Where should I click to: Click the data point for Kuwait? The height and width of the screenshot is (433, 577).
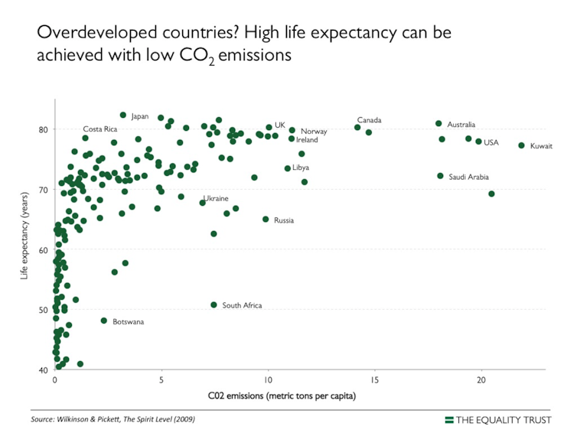click(x=521, y=145)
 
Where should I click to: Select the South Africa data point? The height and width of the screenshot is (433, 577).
click(x=214, y=304)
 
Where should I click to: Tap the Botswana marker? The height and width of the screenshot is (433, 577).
click(x=104, y=321)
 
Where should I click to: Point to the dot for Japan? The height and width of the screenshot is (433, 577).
click(x=122, y=115)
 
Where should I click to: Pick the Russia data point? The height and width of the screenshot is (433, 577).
click(x=266, y=219)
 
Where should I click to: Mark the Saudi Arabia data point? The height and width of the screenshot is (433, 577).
click(x=440, y=176)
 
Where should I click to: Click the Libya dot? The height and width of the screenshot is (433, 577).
click(x=287, y=168)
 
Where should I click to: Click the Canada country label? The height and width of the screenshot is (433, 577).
click(x=369, y=120)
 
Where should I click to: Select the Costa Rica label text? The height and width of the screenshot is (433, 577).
click(x=99, y=129)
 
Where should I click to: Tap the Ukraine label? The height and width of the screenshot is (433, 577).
click(x=216, y=198)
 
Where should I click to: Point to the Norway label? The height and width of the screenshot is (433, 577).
click(x=314, y=132)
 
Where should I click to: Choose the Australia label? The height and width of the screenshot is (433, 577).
click(x=461, y=125)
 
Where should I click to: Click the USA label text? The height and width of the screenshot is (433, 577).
click(x=491, y=142)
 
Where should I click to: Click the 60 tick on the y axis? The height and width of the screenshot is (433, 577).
click(x=43, y=250)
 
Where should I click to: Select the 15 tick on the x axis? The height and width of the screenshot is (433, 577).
click(x=374, y=380)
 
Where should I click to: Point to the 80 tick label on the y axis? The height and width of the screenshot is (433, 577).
click(x=43, y=129)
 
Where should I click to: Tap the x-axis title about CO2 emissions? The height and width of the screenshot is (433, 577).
click(x=282, y=396)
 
